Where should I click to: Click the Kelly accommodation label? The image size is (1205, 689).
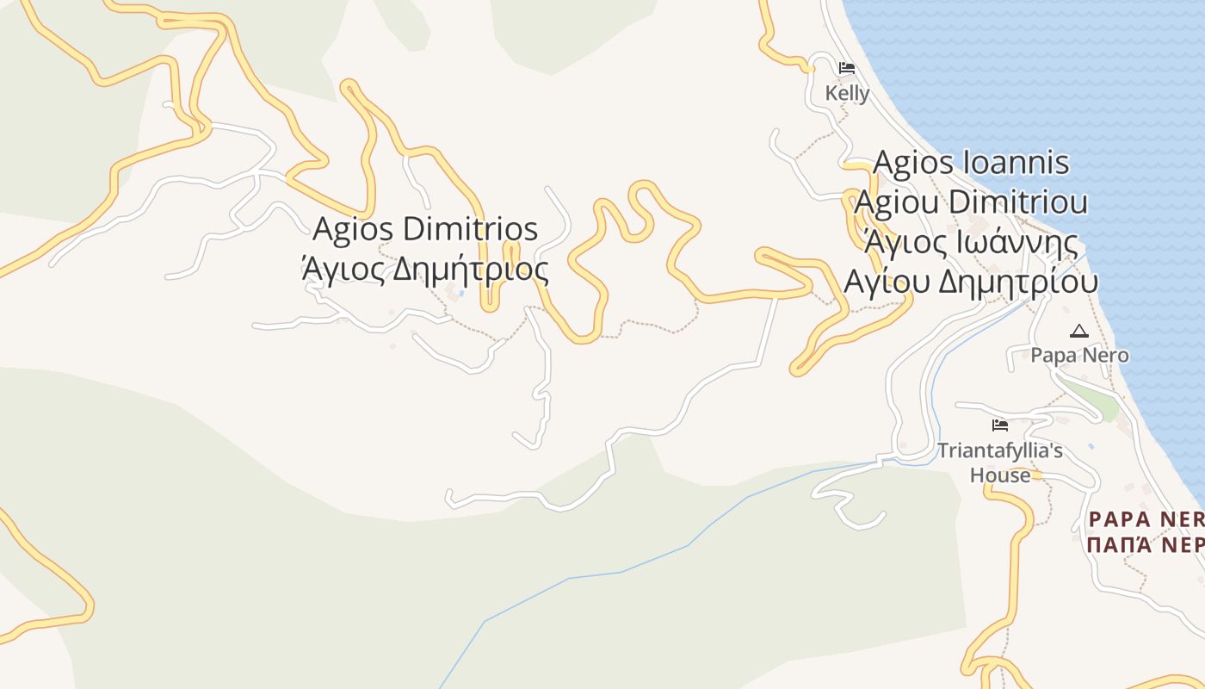(847, 93)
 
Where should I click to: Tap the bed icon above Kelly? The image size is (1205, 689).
(847, 68)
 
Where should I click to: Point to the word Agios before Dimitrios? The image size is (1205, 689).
(354, 229)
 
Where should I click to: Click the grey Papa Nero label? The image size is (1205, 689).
(1079, 355)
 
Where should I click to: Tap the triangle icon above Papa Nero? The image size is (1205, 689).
(1078, 331)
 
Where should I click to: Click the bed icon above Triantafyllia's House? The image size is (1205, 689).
(999, 425)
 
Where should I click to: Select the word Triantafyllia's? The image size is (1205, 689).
(999, 450)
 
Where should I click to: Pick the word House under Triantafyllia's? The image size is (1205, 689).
(999, 475)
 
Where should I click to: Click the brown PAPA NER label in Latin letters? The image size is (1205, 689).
(1145, 519)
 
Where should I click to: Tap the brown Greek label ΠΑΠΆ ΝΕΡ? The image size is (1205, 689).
(1145, 545)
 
